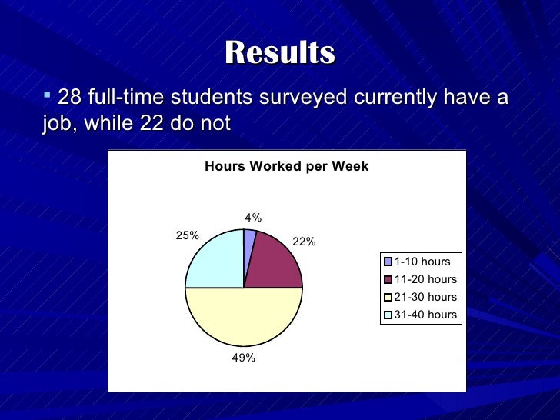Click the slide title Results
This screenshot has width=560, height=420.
pyautogui.click(x=280, y=53)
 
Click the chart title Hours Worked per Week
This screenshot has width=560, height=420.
pyautogui.click(x=286, y=166)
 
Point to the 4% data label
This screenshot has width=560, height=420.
pyautogui.click(x=253, y=218)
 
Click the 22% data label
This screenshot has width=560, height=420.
pyautogui.click(x=304, y=242)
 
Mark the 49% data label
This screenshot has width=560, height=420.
pyautogui.click(x=244, y=358)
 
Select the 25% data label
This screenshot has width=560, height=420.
pyautogui.click(x=188, y=235)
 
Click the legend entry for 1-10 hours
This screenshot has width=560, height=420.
pyautogui.click(x=422, y=262)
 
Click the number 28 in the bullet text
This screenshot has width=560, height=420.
pyautogui.click(x=69, y=98)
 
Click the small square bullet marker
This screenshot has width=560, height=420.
pyautogui.click(x=48, y=95)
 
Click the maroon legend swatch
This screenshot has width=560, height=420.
pyautogui.click(x=388, y=279)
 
